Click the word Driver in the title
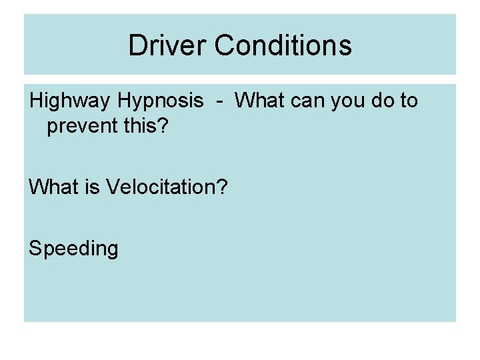[x=168, y=45]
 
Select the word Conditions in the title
[x=283, y=45]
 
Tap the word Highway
[x=70, y=101]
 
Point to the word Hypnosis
[x=160, y=101]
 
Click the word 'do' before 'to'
[x=383, y=101]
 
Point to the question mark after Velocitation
[x=222, y=187]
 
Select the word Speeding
[x=73, y=249]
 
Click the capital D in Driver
[x=137, y=45]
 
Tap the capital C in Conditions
[x=225, y=45]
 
